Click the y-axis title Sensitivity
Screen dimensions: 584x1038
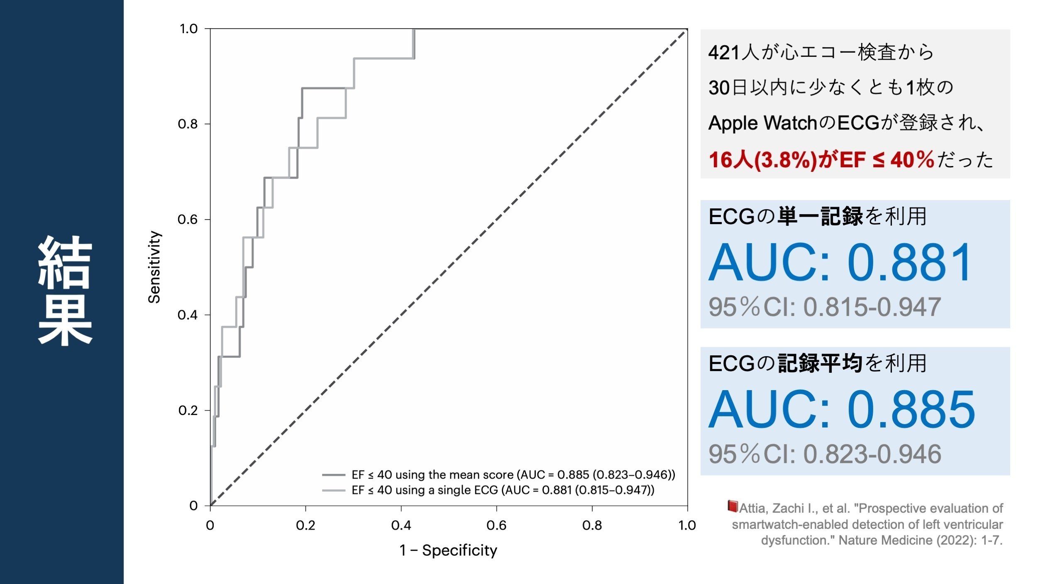(154, 267)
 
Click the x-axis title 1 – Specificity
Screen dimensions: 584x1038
(448, 550)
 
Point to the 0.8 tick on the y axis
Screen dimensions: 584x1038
(188, 124)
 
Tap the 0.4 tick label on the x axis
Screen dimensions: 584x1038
(401, 525)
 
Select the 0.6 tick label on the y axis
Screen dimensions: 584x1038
(188, 219)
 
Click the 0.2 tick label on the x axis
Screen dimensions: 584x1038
(305, 525)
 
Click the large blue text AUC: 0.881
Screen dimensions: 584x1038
(840, 263)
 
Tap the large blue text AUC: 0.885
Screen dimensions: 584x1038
(842, 410)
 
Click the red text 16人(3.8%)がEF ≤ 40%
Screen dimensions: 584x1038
(821, 160)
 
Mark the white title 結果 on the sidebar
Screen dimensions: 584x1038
(65, 291)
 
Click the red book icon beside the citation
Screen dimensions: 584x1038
(733, 506)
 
